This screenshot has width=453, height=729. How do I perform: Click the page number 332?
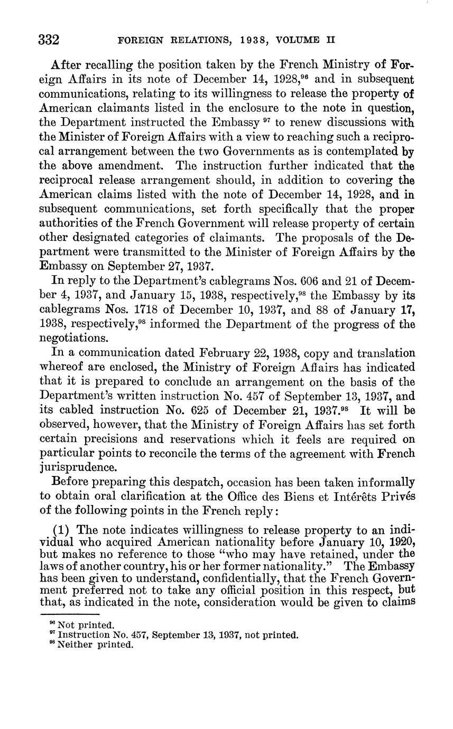[48, 40]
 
